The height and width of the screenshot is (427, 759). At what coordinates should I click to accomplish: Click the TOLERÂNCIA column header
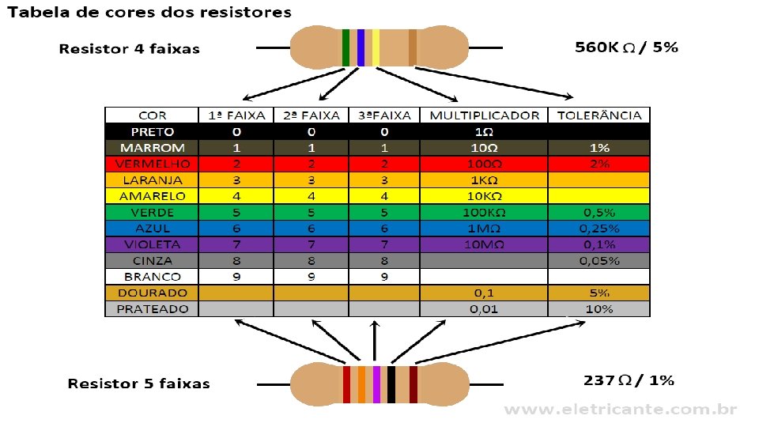click(599, 115)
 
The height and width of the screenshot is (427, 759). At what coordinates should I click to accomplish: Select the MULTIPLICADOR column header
click(485, 115)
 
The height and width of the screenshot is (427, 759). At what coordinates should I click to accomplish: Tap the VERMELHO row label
click(153, 164)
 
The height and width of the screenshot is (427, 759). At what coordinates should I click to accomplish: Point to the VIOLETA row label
click(153, 244)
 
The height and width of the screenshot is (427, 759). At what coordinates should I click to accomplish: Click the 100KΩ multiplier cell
click(485, 212)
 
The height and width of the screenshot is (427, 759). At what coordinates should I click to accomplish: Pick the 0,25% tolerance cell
click(599, 229)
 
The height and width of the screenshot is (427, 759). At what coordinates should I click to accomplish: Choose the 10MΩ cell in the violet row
click(485, 244)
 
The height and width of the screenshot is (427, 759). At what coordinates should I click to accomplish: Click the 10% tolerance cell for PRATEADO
click(599, 309)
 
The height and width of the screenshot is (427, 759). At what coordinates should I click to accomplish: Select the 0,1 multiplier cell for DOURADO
click(485, 293)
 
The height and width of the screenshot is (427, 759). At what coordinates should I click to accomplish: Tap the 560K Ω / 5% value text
click(626, 47)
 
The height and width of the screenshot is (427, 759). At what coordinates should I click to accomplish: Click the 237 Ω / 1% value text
click(629, 380)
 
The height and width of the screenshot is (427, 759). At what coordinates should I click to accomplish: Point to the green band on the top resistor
click(346, 47)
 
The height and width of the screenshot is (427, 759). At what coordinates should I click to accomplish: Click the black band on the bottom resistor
click(391, 384)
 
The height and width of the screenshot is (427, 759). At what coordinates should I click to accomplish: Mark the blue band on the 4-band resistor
click(361, 47)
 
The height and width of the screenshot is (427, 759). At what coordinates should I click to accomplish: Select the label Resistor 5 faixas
click(139, 384)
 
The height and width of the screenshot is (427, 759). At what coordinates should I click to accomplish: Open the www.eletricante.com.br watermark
click(621, 410)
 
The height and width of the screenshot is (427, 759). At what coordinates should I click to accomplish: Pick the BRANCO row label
click(153, 277)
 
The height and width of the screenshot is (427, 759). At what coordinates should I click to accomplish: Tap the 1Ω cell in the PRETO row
click(485, 131)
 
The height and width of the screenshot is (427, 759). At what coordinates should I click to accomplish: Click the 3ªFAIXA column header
click(384, 115)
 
